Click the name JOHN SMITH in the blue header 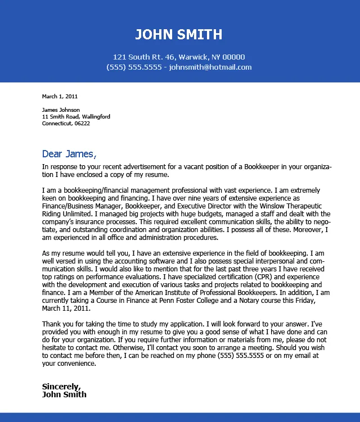179,35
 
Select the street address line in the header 179,57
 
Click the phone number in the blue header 134,67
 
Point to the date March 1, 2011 60,96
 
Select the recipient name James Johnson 61,110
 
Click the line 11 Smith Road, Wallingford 76,116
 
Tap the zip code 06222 82,123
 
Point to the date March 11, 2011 66,308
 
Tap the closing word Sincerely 61,386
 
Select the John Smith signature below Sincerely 64,394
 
